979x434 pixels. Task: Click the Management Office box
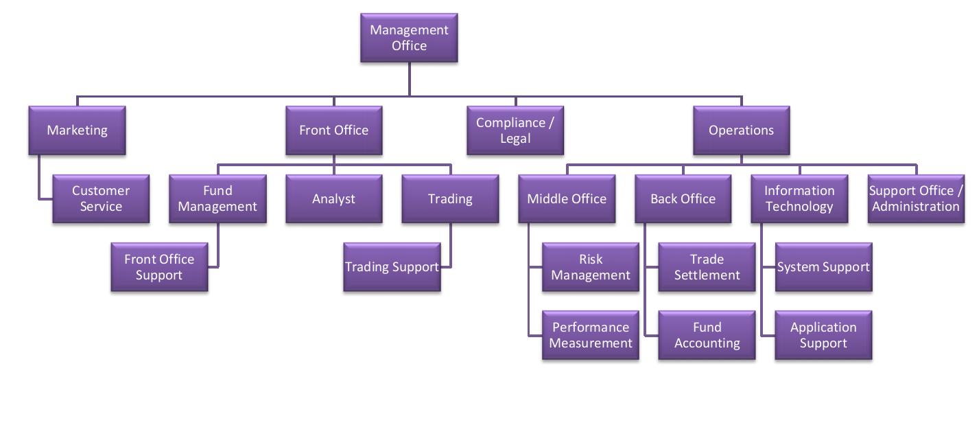point(409,38)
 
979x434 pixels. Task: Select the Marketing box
point(77,130)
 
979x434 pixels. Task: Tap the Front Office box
point(333,130)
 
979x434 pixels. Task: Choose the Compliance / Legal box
point(515,130)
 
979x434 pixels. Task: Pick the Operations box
point(741,130)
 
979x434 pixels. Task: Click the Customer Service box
point(101,198)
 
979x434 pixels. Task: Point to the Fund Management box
point(217,198)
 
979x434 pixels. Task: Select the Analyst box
point(333,198)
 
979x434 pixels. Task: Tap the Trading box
point(450,198)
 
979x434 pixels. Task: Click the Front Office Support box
point(159,267)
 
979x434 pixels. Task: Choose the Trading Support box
point(392,267)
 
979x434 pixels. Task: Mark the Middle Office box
point(567,198)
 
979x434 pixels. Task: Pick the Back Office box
point(683,198)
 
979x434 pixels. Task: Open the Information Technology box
point(799,198)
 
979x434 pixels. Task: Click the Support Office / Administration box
point(916,198)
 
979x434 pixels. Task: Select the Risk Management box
point(591,267)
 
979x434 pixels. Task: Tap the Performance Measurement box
point(591,335)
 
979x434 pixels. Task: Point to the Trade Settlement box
point(707,267)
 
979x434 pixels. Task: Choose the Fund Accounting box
point(707,335)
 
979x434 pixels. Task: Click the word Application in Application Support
point(823,328)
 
